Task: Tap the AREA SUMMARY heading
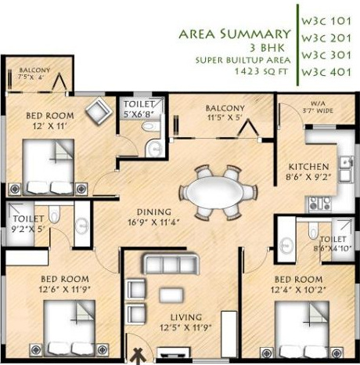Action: point(234,34)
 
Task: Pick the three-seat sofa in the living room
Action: point(163,263)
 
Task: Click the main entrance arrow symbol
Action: point(139,354)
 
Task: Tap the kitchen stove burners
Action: point(319,204)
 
